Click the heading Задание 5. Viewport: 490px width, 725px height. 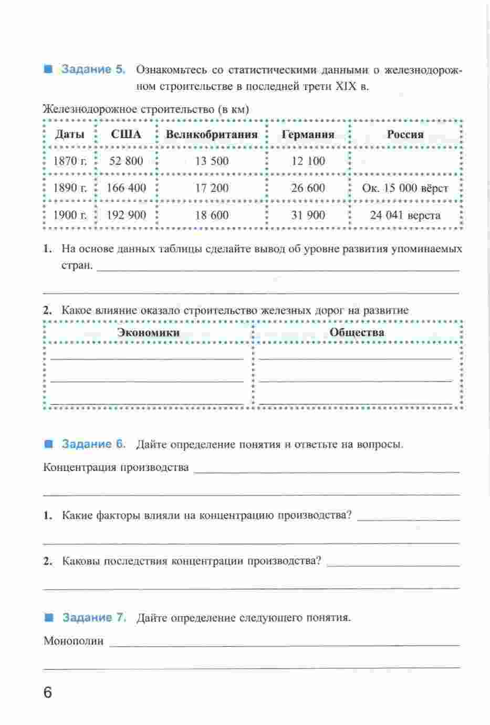(93, 69)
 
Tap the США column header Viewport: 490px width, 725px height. (126, 134)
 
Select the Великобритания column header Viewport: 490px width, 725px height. (212, 134)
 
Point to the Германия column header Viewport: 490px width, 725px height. (308, 134)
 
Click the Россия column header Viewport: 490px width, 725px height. (405, 134)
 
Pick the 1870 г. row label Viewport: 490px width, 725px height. (70, 161)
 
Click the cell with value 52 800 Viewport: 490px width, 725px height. (126, 161)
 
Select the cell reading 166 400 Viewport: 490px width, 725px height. (126, 188)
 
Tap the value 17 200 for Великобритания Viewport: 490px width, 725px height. (212, 188)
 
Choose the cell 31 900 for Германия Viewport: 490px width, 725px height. (308, 215)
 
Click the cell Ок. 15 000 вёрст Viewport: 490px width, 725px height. (405, 188)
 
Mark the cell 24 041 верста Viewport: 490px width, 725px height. (405, 215)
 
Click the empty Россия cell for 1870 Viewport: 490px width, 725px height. (405, 161)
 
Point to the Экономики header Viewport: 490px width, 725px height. (148, 332)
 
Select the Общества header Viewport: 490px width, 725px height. (357, 332)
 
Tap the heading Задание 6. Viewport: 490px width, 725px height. (94, 444)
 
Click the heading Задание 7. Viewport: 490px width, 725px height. (95, 617)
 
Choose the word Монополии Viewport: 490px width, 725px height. (74, 641)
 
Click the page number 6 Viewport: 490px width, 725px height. (48, 692)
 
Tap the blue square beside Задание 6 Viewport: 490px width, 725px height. (49, 444)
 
